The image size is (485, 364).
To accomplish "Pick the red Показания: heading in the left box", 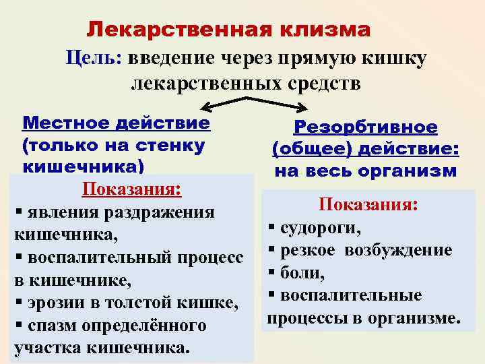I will point(131,189).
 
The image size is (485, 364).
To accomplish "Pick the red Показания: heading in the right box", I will point(370,204).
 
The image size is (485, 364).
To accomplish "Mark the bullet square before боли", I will point(272,273).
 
